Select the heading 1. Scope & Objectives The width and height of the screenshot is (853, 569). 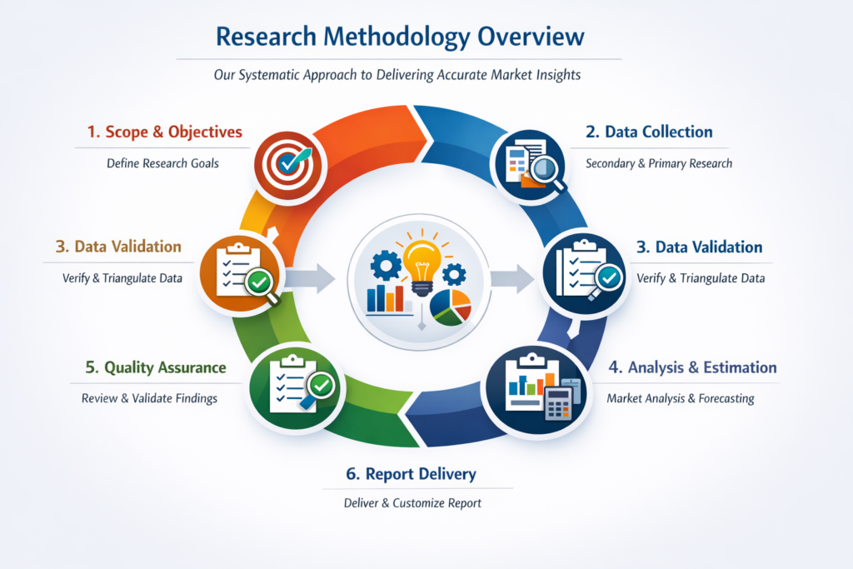coord(164,132)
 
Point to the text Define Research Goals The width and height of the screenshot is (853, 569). coord(162,163)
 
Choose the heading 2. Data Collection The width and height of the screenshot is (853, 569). coord(648,132)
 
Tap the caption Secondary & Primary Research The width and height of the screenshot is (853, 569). coord(659,163)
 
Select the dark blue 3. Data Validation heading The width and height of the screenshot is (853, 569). coord(697,247)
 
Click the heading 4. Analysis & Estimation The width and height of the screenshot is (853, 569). coord(691,367)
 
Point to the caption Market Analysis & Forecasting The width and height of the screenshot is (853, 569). coord(680,398)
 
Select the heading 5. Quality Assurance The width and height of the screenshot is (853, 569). coord(155,367)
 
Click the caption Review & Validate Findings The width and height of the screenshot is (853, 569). coord(149,398)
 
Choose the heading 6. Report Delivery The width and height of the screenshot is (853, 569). coord(411,474)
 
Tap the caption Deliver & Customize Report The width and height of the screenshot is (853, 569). coord(412,503)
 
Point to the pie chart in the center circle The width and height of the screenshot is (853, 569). coord(451,306)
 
